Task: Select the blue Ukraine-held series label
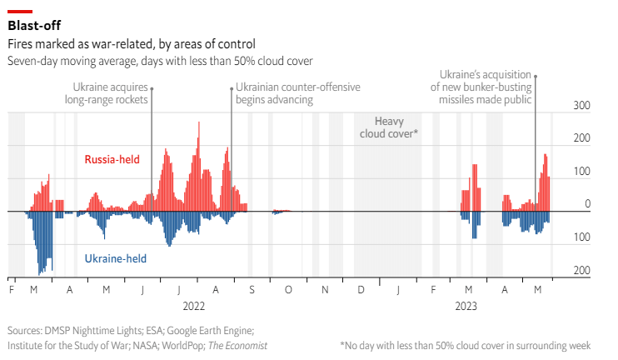116,258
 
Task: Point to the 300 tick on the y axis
581,106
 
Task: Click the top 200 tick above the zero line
581,138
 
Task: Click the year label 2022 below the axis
193,307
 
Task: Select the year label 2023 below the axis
466,307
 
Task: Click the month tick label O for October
287,290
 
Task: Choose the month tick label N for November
325,290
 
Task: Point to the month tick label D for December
361,290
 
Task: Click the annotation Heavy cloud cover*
388,127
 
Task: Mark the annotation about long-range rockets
106,92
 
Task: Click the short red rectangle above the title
20,11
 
